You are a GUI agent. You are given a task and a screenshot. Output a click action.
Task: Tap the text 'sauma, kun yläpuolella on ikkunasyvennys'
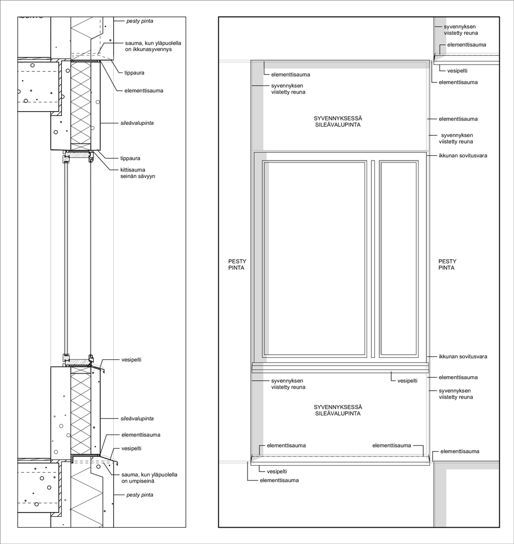(153, 46)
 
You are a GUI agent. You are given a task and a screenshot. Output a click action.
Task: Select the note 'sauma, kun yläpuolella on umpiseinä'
(149, 478)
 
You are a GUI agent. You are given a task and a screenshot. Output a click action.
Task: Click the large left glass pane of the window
(315, 259)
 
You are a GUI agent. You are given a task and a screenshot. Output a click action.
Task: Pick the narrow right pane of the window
(398, 259)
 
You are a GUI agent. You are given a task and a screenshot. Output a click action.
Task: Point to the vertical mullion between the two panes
(373, 259)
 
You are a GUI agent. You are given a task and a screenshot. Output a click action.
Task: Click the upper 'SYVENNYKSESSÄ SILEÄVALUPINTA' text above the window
(338, 121)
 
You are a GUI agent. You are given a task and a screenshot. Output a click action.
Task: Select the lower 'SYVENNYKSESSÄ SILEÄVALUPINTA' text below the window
(338, 410)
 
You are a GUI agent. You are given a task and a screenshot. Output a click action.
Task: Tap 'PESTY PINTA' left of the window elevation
(237, 264)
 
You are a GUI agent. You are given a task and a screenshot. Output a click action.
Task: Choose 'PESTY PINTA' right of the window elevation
(447, 264)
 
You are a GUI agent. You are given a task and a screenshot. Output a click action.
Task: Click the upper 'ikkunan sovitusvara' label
(463, 155)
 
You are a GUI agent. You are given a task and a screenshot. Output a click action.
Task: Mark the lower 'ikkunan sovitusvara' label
(463, 356)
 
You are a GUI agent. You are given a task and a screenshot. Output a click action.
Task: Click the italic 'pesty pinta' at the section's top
(140, 21)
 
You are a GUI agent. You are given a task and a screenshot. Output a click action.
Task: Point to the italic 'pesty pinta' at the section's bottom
(140, 495)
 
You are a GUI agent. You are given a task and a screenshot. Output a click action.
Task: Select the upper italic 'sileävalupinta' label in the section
(137, 123)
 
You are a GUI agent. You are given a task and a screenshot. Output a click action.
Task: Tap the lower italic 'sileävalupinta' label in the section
(137, 419)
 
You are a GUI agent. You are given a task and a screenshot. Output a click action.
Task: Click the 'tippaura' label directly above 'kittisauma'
(131, 158)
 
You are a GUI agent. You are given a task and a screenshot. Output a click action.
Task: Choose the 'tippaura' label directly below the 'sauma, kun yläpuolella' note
(134, 73)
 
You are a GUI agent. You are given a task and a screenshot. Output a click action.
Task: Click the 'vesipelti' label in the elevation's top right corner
(457, 70)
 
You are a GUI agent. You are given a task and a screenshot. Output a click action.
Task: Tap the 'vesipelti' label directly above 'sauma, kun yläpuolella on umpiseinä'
(132, 448)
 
